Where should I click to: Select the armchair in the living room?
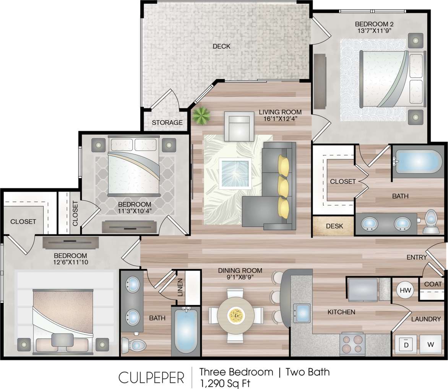(x=239, y=126)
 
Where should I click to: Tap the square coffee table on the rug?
(x=235, y=173)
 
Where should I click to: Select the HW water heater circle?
(x=405, y=290)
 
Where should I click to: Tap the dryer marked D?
(x=406, y=344)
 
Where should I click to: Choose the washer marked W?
(x=431, y=344)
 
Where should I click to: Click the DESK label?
(x=334, y=226)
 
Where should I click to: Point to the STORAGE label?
(x=167, y=123)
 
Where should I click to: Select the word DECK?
(x=221, y=46)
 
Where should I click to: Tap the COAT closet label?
(x=433, y=284)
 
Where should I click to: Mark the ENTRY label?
(x=417, y=257)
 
